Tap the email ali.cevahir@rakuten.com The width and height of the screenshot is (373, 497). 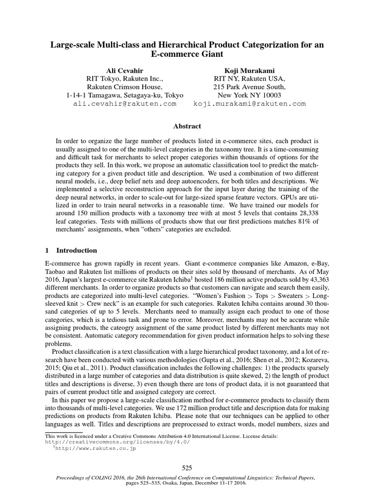point(125,104)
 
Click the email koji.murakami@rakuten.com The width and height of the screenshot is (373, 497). point(250,104)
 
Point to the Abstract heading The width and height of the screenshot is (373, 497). point(187,126)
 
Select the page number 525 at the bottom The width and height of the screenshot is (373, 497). point(187,468)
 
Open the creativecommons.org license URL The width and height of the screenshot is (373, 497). point(118,442)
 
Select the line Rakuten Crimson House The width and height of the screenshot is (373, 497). point(125,86)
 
